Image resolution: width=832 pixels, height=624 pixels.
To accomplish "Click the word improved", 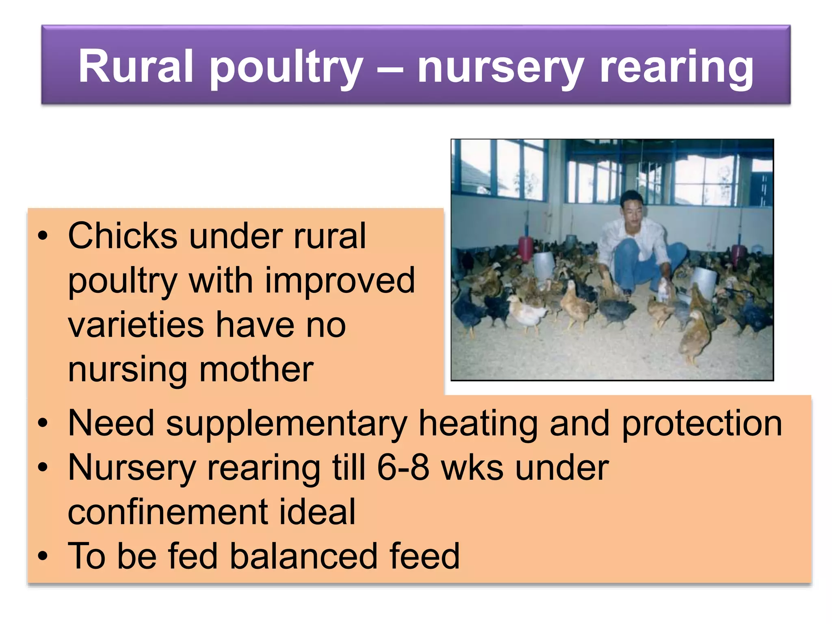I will pos(340,281).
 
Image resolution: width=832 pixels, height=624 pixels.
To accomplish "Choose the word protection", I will pos(702,424).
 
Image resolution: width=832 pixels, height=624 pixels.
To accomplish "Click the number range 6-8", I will pos(403,468).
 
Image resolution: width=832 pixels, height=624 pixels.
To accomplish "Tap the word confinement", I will pos(167,512).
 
